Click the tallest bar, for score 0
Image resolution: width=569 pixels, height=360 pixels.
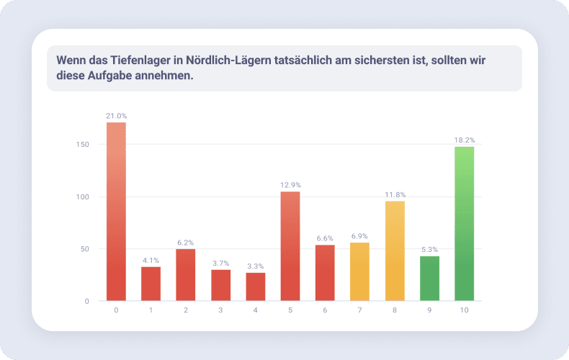click(116, 212)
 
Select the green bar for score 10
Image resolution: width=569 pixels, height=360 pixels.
click(465, 224)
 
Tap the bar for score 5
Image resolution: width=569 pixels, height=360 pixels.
click(290, 246)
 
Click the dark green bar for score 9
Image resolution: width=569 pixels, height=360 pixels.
click(429, 279)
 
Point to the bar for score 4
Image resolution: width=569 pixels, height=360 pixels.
click(256, 287)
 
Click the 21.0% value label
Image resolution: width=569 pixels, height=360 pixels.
click(116, 116)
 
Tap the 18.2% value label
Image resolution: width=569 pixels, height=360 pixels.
click(465, 140)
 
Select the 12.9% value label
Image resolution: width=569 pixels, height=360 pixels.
click(290, 185)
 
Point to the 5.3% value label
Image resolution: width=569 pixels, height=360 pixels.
click(429, 249)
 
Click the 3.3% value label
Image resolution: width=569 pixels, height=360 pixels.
click(256, 266)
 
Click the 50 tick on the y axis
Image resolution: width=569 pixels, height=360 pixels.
click(85, 249)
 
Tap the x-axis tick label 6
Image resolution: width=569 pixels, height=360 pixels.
click(325, 310)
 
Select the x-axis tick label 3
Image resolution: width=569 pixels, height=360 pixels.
click(220, 310)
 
